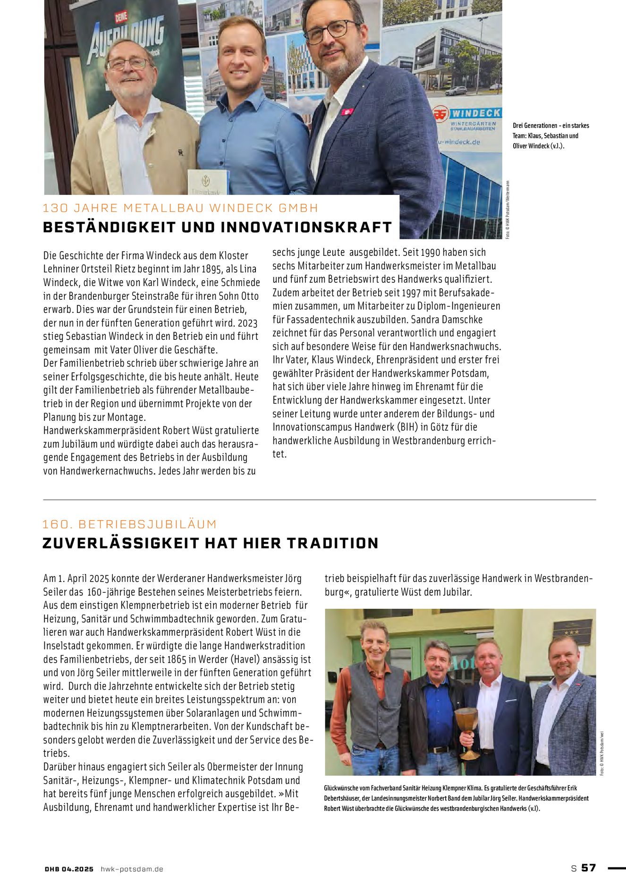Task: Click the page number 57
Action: (x=588, y=868)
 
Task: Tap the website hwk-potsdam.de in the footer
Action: (x=132, y=869)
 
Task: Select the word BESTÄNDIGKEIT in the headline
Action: (x=109, y=228)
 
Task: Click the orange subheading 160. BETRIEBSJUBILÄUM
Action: (x=129, y=524)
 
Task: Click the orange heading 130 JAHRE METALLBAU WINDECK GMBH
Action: (x=180, y=208)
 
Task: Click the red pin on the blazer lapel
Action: (x=347, y=112)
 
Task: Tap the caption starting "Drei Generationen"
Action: (x=550, y=135)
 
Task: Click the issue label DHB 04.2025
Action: (x=69, y=869)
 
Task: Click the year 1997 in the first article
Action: (x=411, y=293)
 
